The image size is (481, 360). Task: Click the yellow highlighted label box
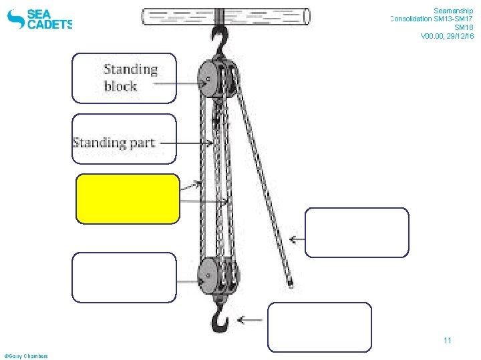coord(128,199)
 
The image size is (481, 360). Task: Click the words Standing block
coord(130,77)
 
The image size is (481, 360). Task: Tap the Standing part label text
coord(114,142)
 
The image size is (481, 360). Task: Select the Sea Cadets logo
coord(39,19)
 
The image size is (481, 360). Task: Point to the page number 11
coord(448,341)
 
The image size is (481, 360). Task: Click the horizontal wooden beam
coord(226,17)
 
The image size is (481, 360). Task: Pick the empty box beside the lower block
coord(124,277)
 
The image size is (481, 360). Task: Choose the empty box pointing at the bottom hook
coord(319,327)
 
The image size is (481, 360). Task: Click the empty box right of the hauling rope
coord(357,233)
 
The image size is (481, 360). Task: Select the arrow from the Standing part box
coord(194,143)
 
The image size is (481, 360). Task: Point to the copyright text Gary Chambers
coord(26,356)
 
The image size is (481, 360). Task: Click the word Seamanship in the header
coord(453,11)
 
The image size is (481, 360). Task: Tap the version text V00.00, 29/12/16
coord(447,36)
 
